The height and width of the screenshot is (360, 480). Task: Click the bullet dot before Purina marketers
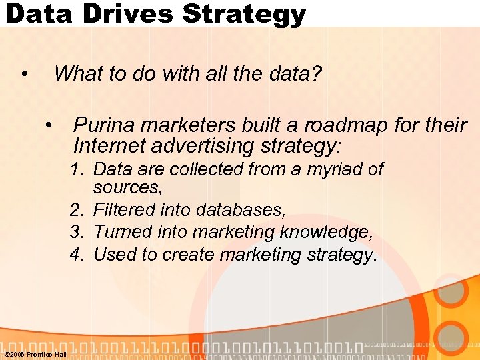(48, 125)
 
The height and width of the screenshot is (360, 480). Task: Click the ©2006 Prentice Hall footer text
(35, 354)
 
